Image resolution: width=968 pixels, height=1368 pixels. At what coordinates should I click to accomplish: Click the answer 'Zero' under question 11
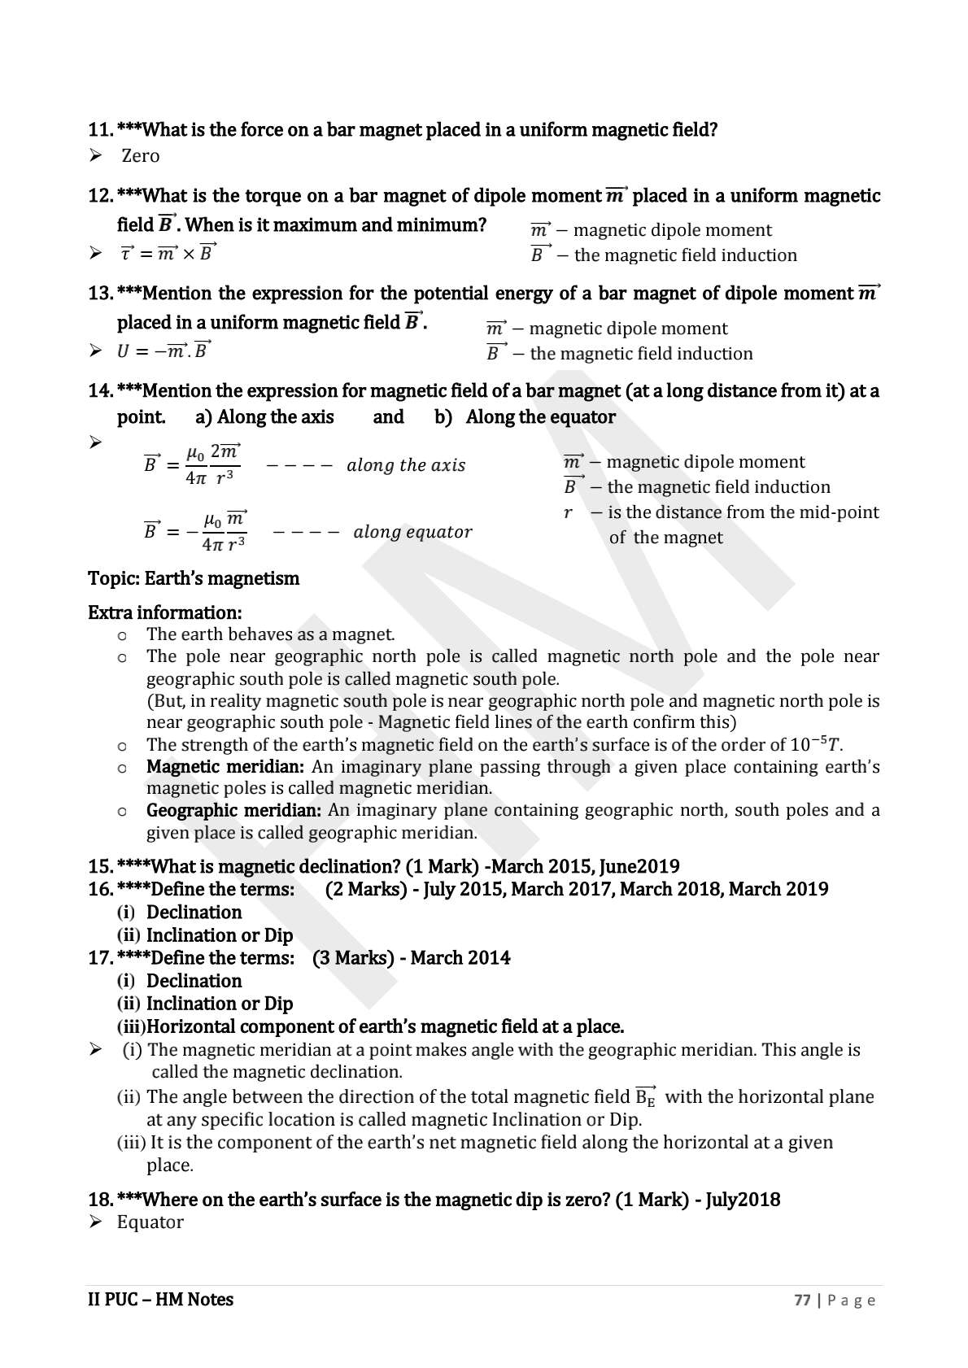point(140,155)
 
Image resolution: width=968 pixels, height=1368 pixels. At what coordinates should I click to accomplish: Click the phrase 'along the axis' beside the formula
point(406,465)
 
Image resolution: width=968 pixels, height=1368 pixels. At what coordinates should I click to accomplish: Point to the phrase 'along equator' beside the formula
point(412,532)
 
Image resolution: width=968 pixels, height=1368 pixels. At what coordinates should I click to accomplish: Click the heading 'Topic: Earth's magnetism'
point(194,578)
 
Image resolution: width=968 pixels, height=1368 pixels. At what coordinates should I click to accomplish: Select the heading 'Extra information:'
point(164,612)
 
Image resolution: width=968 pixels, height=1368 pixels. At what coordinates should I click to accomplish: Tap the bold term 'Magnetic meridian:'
point(225,766)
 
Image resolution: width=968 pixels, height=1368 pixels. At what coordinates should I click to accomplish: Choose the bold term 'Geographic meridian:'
point(233,810)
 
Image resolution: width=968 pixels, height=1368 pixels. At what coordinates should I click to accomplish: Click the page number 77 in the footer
point(802,1300)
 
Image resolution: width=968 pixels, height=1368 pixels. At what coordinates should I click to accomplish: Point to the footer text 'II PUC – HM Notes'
point(160,1300)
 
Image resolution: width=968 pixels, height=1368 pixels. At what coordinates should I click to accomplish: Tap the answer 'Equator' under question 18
point(150,1222)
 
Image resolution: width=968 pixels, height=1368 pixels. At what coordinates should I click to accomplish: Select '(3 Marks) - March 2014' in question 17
point(411,958)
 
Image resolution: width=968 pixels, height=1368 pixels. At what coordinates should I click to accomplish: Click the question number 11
point(99,130)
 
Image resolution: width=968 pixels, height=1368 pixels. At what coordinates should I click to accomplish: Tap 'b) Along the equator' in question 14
point(525,417)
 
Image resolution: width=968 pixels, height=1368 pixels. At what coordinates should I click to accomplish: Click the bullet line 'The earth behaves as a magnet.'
point(270,634)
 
